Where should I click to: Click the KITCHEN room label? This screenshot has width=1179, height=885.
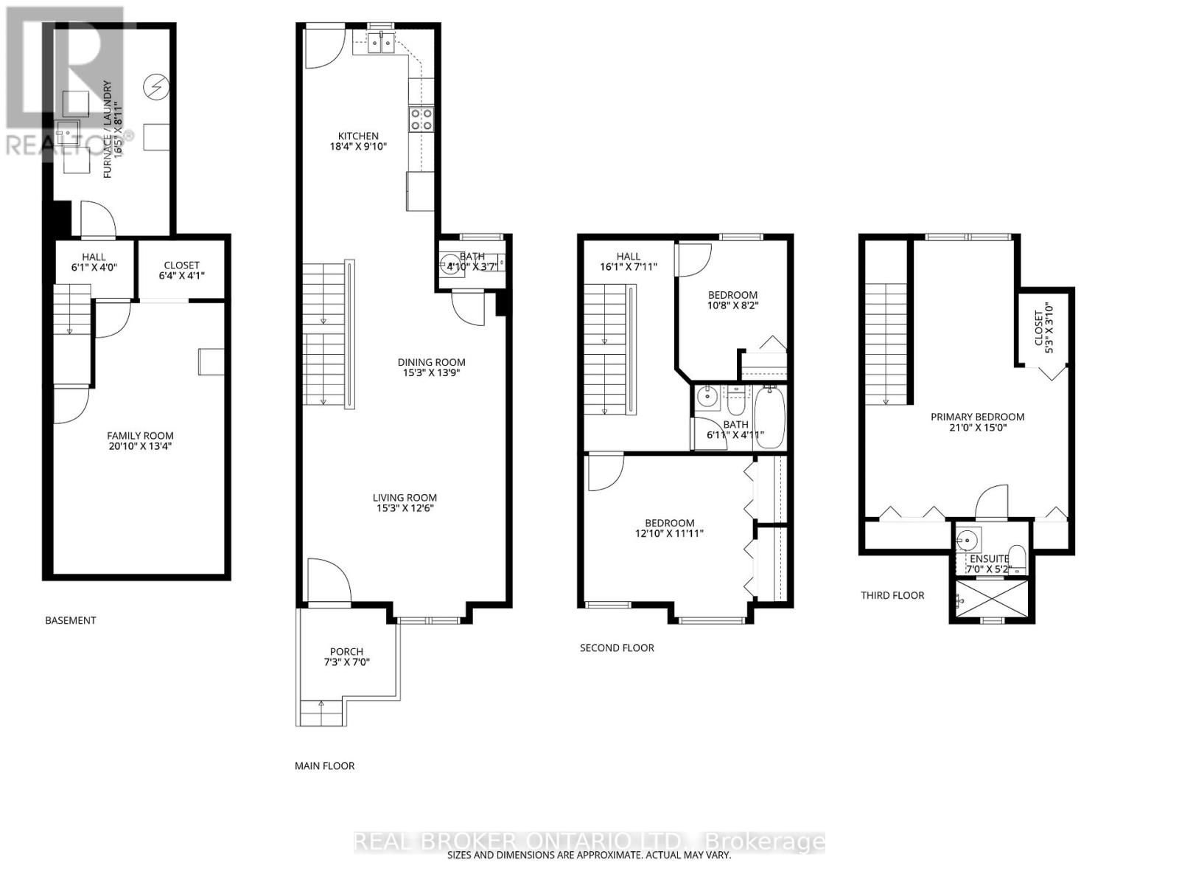358,136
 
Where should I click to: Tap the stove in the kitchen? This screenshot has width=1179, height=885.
421,119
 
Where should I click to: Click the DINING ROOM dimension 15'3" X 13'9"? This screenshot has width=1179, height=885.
431,373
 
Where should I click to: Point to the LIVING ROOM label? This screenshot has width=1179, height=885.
405,498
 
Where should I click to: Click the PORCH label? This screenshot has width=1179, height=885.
346,651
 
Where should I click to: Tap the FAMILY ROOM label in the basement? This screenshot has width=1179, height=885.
140,436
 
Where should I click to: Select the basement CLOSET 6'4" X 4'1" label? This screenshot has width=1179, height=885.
181,270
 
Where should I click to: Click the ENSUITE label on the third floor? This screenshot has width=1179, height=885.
989,559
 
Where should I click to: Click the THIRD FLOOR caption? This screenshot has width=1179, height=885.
892,595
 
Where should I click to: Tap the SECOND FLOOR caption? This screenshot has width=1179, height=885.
617,648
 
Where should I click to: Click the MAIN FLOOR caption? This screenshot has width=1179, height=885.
324,766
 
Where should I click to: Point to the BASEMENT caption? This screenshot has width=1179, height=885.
71,620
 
